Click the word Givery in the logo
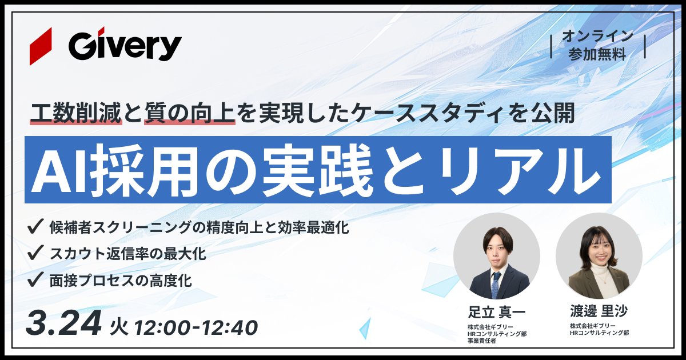click(125, 46)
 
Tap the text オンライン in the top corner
click(597, 36)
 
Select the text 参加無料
click(597, 54)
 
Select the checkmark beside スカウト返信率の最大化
click(35, 252)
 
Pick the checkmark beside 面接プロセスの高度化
click(35, 279)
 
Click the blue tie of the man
click(496, 282)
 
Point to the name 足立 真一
click(496, 312)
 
